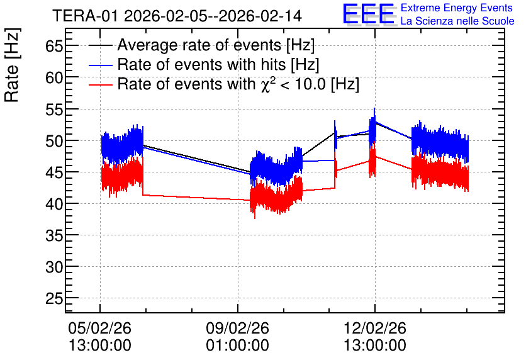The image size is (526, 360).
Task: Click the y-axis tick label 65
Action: click(x=54, y=46)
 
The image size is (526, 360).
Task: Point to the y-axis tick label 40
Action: click(x=54, y=204)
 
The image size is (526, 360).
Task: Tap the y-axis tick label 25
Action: click(x=54, y=298)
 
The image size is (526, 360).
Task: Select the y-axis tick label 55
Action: click(x=54, y=109)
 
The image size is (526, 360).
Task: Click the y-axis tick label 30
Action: click(x=54, y=267)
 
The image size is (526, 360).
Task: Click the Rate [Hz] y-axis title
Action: click(x=13, y=65)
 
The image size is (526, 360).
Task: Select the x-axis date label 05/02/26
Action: click(x=99, y=328)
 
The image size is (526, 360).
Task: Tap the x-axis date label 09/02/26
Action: click(x=237, y=328)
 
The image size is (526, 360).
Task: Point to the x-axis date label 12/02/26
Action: click(x=375, y=328)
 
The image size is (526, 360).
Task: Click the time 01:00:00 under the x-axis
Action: click(x=237, y=345)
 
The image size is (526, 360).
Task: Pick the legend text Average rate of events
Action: click(x=199, y=45)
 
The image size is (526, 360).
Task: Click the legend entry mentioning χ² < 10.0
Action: click(x=238, y=84)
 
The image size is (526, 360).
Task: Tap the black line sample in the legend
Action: click(x=100, y=45)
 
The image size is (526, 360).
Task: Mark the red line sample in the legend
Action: click(x=100, y=84)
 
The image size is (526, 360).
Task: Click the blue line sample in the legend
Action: click(x=100, y=65)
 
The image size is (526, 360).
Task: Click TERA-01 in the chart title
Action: click(x=86, y=16)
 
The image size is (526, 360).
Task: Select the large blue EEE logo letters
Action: click(x=369, y=14)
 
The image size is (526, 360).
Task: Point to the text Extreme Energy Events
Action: click(x=457, y=8)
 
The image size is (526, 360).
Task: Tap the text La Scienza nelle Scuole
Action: click(x=457, y=21)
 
